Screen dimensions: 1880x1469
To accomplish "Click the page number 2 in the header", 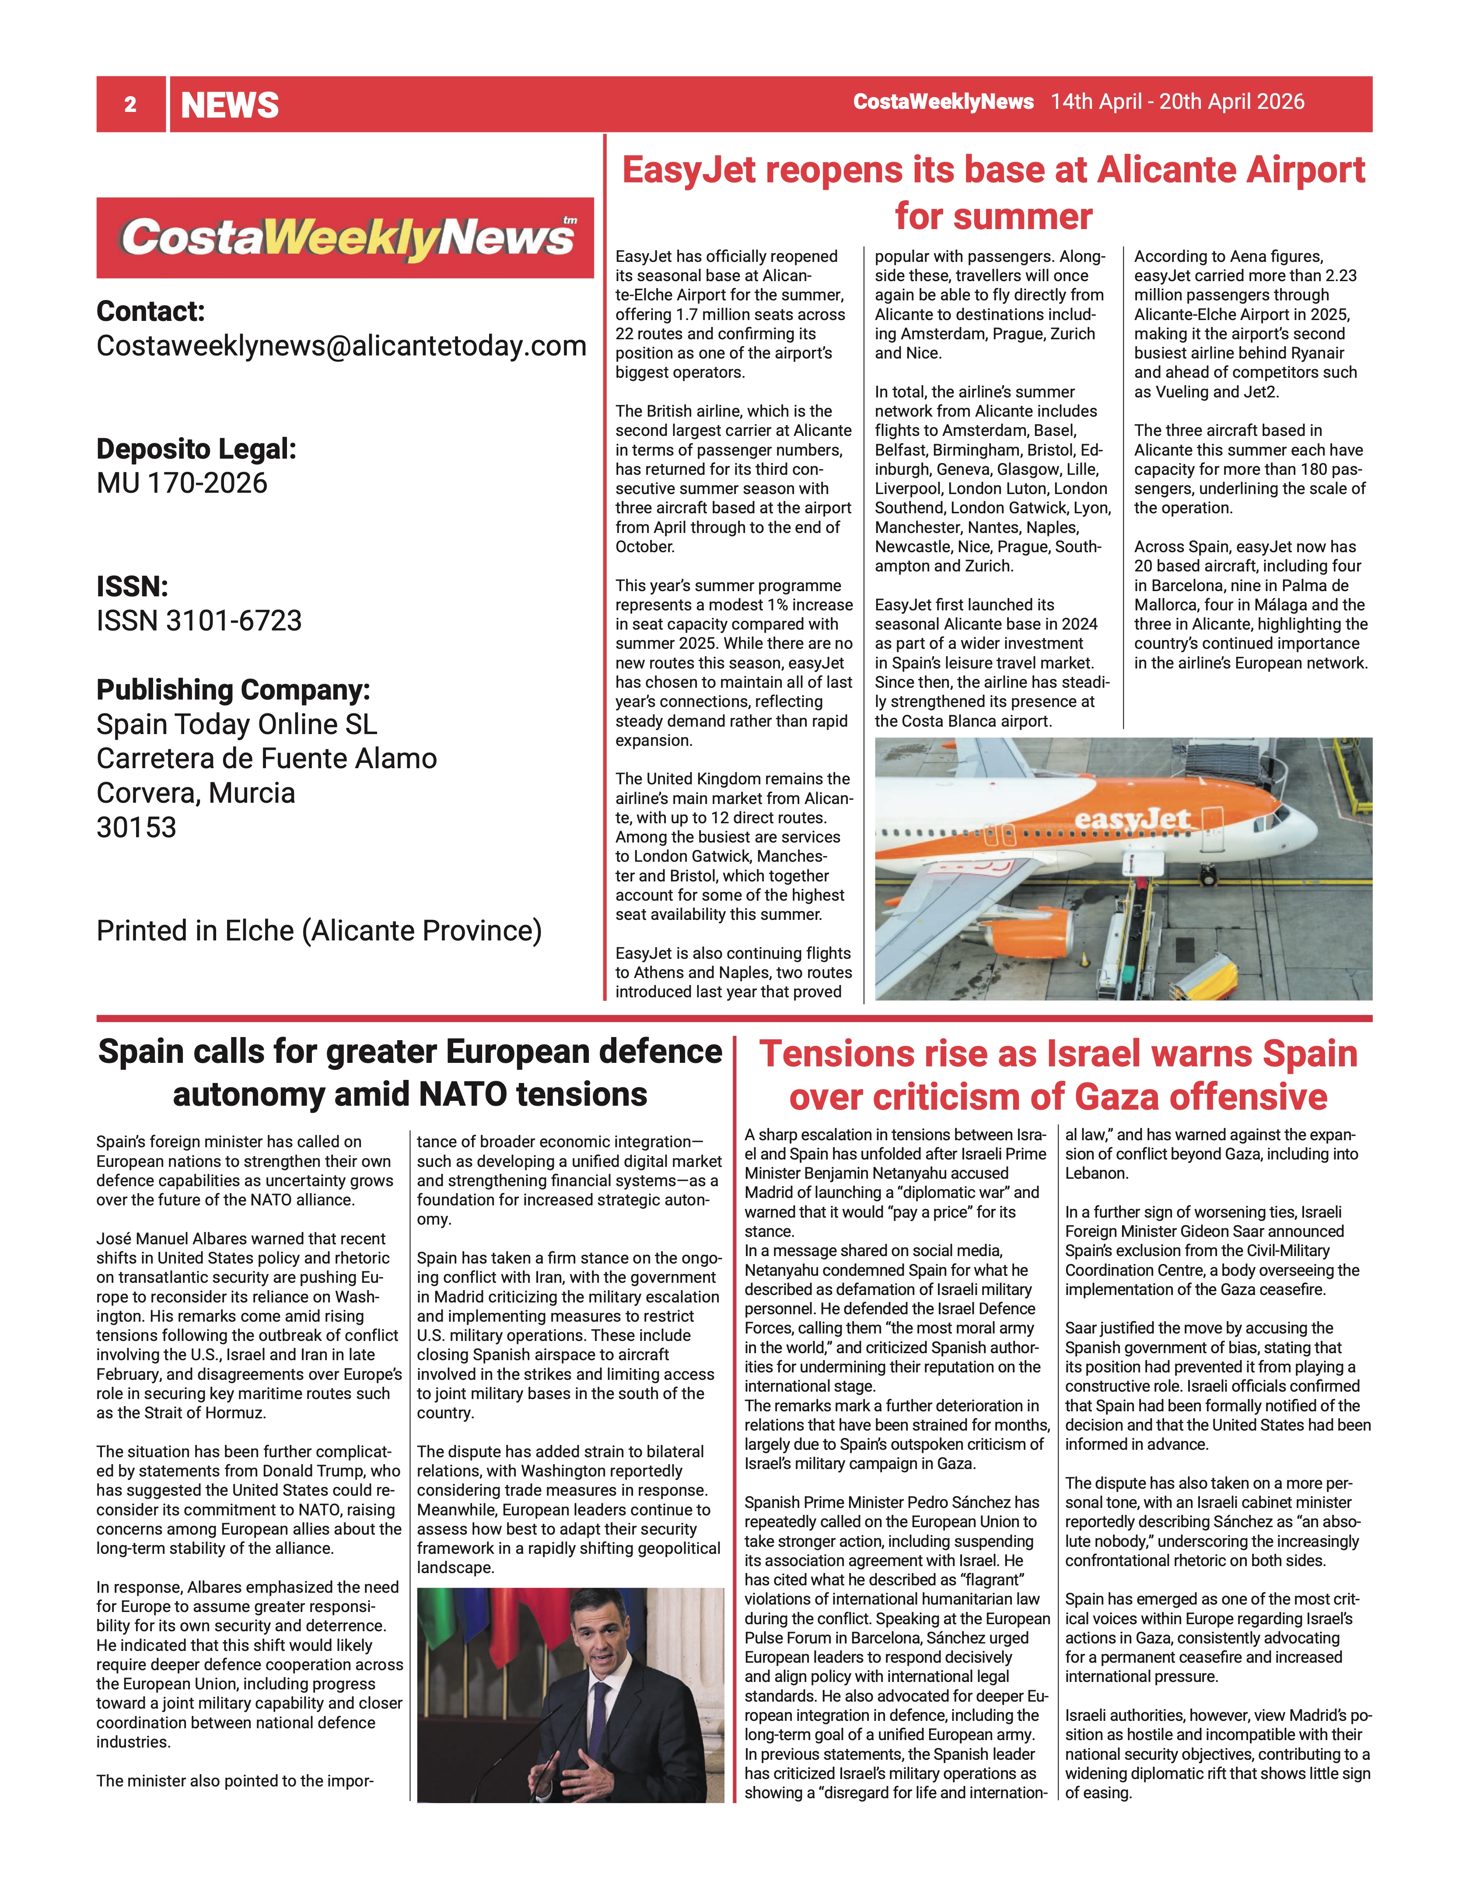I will tap(130, 105).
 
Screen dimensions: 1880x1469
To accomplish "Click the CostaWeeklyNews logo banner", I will tap(344, 237).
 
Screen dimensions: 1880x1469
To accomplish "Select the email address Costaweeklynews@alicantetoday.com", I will tap(341, 345).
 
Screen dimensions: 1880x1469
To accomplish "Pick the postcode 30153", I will tap(136, 827).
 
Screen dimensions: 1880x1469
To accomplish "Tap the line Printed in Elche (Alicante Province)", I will tap(318, 930).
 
